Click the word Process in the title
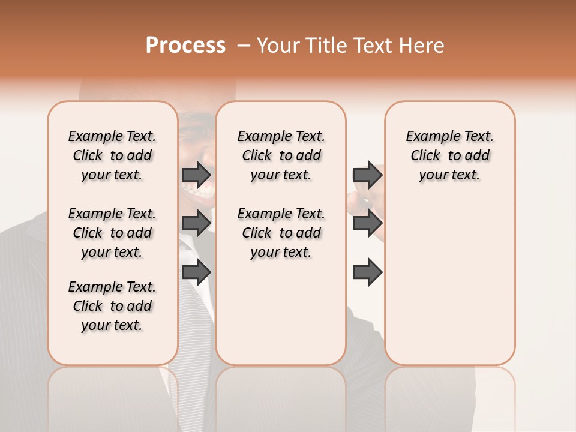tap(185, 46)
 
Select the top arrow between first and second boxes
tap(196, 175)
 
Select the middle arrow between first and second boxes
tap(196, 223)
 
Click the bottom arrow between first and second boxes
tap(196, 272)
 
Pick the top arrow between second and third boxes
tap(367, 175)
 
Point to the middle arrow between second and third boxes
tap(367, 223)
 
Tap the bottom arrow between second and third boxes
tap(367, 272)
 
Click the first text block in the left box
tap(112, 155)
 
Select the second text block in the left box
tap(112, 233)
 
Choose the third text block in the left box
tap(112, 306)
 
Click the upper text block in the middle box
tap(281, 155)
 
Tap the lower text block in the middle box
tap(281, 233)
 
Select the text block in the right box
tap(449, 155)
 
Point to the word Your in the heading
tap(279, 46)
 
